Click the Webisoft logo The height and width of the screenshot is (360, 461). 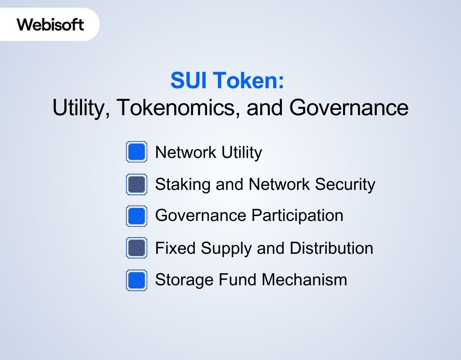pyautogui.click(x=50, y=24)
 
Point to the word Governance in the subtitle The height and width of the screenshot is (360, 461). pyautogui.click(x=348, y=108)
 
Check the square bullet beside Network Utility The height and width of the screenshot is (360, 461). pyautogui.click(x=136, y=152)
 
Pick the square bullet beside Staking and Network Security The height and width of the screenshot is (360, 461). pyautogui.click(x=136, y=184)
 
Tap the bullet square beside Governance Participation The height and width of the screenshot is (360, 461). pyautogui.click(x=136, y=216)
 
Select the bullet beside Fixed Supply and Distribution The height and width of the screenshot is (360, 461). pyautogui.click(x=136, y=248)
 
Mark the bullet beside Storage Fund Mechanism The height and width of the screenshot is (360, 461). pyautogui.click(x=136, y=280)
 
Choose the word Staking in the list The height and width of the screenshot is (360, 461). pyautogui.click(x=177, y=184)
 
